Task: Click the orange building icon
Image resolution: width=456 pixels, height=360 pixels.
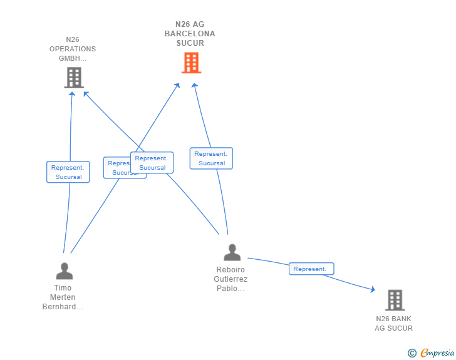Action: point(191,63)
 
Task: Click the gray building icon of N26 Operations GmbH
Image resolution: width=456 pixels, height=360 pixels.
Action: point(74,78)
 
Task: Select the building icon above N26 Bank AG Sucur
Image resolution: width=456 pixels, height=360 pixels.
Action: point(395,301)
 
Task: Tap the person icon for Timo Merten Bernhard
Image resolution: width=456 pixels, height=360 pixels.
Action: point(65,271)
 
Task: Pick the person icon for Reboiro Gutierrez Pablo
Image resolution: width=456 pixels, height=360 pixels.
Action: point(232,252)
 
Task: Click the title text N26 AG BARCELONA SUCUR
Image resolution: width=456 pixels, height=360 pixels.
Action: point(190,34)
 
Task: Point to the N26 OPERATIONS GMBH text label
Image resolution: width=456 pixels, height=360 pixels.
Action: point(73,49)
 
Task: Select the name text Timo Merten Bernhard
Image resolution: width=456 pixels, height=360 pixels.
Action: point(63,297)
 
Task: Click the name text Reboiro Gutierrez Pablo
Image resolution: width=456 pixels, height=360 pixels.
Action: point(232,279)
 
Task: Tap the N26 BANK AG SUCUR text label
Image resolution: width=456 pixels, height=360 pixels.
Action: point(393,324)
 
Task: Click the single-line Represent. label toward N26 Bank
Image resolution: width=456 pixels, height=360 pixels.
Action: point(311,269)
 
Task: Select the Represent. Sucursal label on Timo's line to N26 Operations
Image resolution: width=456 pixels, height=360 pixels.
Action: point(68,172)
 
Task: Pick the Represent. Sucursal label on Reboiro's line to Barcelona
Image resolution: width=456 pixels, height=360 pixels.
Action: point(211,158)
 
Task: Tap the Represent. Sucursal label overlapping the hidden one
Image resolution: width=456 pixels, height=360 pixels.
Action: point(152,163)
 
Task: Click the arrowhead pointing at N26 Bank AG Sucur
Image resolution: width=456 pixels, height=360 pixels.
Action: point(373,289)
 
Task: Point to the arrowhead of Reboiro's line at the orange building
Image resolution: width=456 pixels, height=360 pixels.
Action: point(194,86)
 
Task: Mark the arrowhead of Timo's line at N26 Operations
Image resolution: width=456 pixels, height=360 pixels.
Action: point(72,94)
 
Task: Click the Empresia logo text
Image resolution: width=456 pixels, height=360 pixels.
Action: point(437,353)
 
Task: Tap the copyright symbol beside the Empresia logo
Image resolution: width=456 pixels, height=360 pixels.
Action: point(412,354)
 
